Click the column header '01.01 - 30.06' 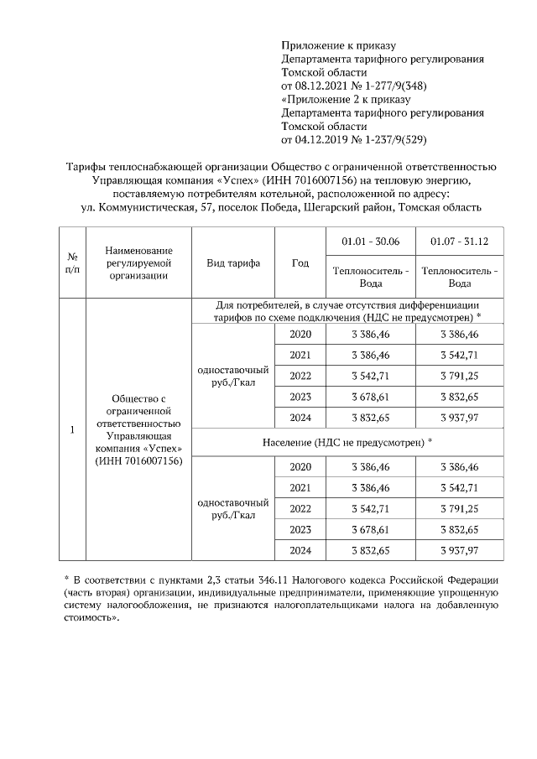(370, 242)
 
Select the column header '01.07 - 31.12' (459, 242)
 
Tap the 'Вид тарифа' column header (233, 263)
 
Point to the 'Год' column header (300, 263)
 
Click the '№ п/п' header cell (72, 263)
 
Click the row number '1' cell (72, 430)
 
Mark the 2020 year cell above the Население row (300, 334)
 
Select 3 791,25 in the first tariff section (459, 376)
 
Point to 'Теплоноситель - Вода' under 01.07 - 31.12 (459, 277)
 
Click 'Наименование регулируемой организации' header (139, 263)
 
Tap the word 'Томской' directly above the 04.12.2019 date (305, 126)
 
